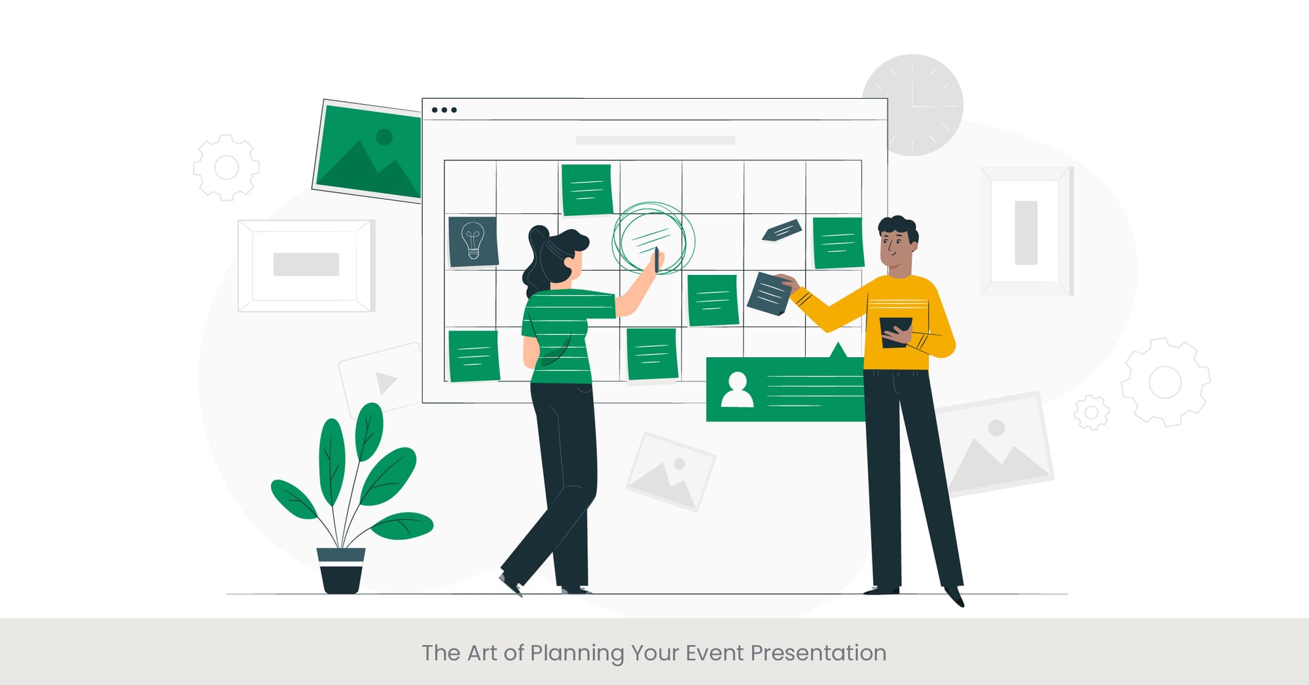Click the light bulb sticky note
[473, 242]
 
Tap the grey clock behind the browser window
[913, 105]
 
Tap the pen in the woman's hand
[656, 259]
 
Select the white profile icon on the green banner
[737, 390]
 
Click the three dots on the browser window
[444, 110]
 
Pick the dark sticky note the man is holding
[769, 294]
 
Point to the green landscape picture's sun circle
[384, 137]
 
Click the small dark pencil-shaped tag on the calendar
[781, 230]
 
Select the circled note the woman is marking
[653, 237]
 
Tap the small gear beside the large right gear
[1091, 413]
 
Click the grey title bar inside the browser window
[655, 141]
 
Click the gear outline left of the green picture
[226, 167]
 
